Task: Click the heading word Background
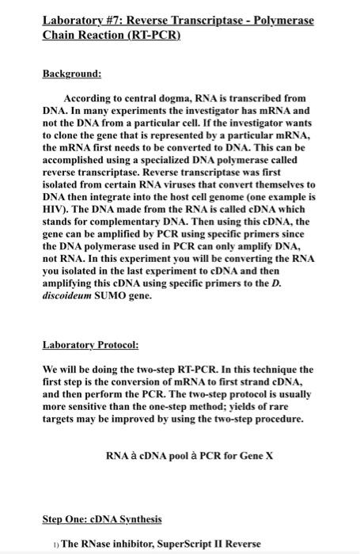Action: pyautogui.click(x=72, y=74)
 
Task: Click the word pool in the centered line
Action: pyautogui.click(x=188, y=456)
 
